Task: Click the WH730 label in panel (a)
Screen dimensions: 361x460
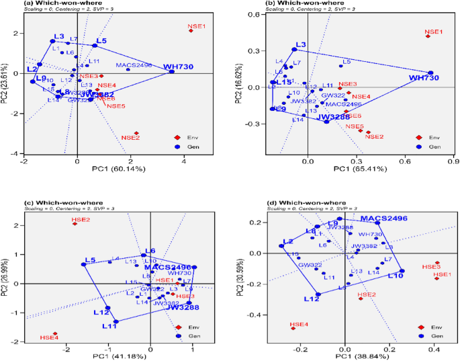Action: click(177, 66)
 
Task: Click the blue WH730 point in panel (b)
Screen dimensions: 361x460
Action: click(430, 73)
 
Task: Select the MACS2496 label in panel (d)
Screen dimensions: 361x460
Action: click(385, 218)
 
